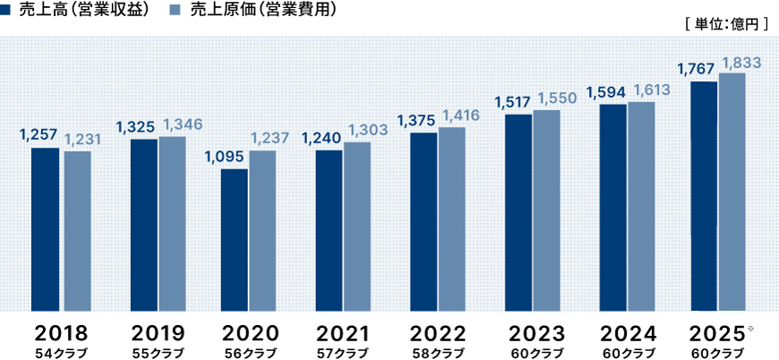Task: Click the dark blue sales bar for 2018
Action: coord(45,229)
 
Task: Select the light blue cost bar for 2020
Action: coord(262,231)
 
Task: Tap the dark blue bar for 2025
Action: coord(703,196)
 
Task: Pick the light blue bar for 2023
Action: coord(546,210)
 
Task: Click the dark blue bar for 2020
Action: coord(235,240)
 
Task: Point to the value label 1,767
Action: coord(696,69)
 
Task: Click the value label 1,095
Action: coord(224,156)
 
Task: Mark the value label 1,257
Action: coord(38,135)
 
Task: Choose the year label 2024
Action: coord(627,333)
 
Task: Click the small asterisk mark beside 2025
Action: coord(750,329)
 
